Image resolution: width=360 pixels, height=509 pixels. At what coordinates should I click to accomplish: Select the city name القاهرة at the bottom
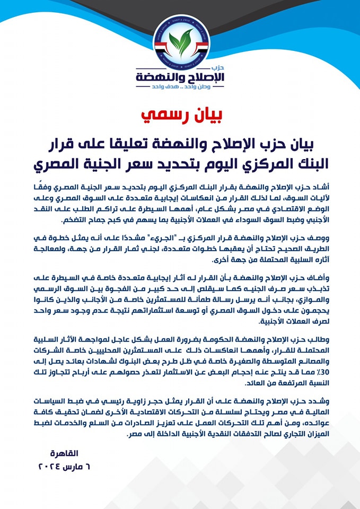(x=64, y=453)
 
